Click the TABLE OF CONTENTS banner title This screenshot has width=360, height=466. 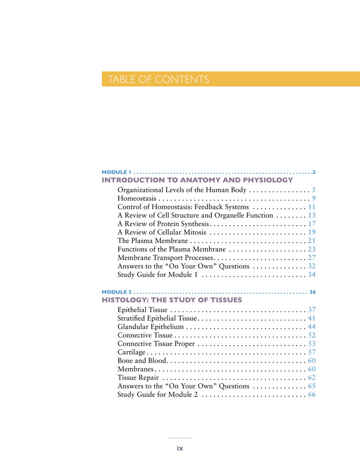coord(158,80)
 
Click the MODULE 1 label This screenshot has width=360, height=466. coord(116,172)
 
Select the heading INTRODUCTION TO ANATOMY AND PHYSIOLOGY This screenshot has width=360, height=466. coord(197,180)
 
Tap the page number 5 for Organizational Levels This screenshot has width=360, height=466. coord(313,190)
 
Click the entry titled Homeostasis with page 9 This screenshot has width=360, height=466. coord(136,199)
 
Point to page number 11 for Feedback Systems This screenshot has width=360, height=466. coord(311,207)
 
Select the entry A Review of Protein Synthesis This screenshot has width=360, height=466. coord(164,224)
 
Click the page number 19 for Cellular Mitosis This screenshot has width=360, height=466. coord(311,232)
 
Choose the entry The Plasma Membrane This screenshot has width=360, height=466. coord(153,241)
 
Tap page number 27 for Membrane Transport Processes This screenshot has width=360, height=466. coord(311,258)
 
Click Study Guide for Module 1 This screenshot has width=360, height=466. coord(158,275)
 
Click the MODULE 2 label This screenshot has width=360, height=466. coord(117,292)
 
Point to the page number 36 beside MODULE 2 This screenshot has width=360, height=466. coord(313,292)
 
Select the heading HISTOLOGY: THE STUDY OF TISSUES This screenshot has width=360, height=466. coord(172,300)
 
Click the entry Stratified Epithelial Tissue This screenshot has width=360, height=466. coord(158,318)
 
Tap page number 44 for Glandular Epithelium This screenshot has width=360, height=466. coord(311,327)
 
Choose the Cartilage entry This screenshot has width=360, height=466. coord(131,352)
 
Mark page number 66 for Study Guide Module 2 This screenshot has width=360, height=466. coord(311,395)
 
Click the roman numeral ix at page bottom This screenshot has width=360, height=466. coord(179,448)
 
